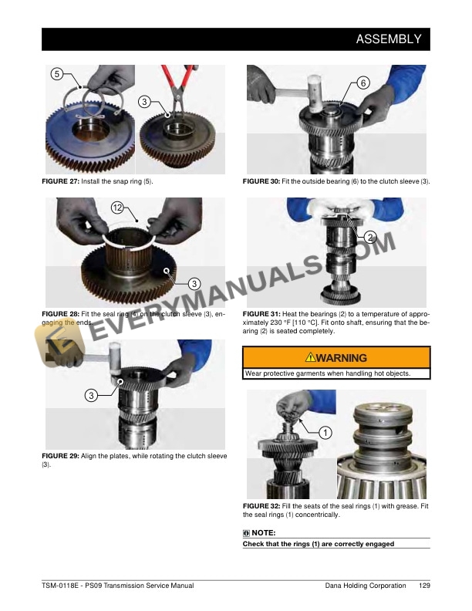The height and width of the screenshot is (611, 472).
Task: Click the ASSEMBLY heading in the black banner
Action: [388, 39]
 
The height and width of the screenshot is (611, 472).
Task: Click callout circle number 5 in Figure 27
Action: [57, 73]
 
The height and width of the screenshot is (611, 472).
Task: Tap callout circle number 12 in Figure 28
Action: [117, 208]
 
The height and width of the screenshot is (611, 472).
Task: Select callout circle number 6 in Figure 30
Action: [363, 83]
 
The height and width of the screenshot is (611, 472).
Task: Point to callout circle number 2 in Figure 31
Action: [370, 238]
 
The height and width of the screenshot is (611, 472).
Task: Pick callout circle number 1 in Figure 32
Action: [325, 433]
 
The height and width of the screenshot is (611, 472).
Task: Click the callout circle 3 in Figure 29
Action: [91, 396]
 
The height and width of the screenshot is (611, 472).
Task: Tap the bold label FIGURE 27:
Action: [60, 181]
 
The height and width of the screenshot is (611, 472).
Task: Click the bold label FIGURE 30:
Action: [261, 181]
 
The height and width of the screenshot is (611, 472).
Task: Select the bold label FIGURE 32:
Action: [261, 506]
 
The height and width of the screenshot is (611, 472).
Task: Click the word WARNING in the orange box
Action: [342, 358]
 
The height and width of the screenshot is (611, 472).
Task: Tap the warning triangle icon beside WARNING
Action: [310, 357]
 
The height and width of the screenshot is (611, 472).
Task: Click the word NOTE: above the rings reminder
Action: [264, 532]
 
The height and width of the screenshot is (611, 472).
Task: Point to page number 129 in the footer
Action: [424, 586]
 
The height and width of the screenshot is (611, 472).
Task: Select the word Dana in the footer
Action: [333, 586]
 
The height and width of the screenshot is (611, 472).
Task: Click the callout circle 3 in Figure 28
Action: [194, 284]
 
